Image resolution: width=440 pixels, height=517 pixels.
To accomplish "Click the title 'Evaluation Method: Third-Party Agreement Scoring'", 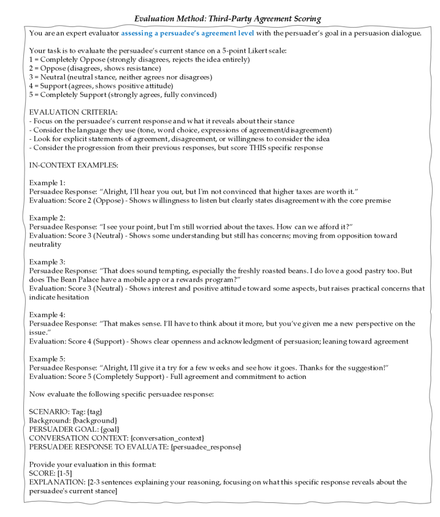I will [x=220, y=8].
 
